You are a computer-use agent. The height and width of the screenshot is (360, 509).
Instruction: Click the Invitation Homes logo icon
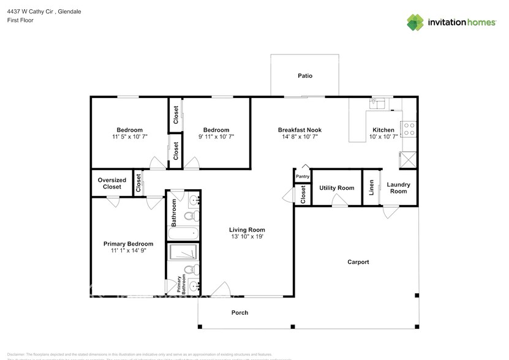pyautogui.click(x=416, y=22)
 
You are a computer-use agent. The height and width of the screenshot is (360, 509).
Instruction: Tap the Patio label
pyautogui.click(x=305, y=76)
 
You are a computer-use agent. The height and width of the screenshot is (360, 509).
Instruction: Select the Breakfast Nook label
pyautogui.click(x=300, y=130)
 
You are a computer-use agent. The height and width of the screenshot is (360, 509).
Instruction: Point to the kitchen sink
pyautogui.click(x=380, y=103)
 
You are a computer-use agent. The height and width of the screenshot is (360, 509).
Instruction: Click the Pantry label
pyautogui.click(x=303, y=176)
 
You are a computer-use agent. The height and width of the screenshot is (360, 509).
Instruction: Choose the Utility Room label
pyautogui.click(x=337, y=188)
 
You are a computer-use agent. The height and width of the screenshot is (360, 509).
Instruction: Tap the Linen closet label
pyautogui.click(x=371, y=188)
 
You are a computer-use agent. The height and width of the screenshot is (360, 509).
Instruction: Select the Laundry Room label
pyautogui.click(x=399, y=187)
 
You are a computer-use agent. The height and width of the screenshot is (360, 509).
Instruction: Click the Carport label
pyautogui.click(x=358, y=262)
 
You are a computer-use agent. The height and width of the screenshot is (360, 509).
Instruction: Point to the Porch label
pyautogui.click(x=239, y=312)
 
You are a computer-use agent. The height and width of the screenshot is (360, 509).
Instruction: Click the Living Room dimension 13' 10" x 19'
pyautogui.click(x=248, y=236)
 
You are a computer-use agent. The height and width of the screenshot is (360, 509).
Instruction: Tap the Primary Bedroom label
pyautogui.click(x=128, y=244)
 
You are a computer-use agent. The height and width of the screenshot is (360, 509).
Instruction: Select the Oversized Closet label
pyautogui.click(x=112, y=183)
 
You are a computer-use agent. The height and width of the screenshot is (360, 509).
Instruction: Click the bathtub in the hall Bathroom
pyautogui.click(x=183, y=233)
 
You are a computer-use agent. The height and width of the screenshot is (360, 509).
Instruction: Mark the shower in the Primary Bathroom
pyautogui.click(x=183, y=253)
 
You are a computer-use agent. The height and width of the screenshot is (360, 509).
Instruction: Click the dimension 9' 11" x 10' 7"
pyautogui.click(x=216, y=137)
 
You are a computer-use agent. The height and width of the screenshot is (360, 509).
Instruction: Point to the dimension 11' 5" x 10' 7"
pyautogui.click(x=130, y=137)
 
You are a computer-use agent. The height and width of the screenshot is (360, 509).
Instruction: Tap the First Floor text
pyautogui.click(x=20, y=20)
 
